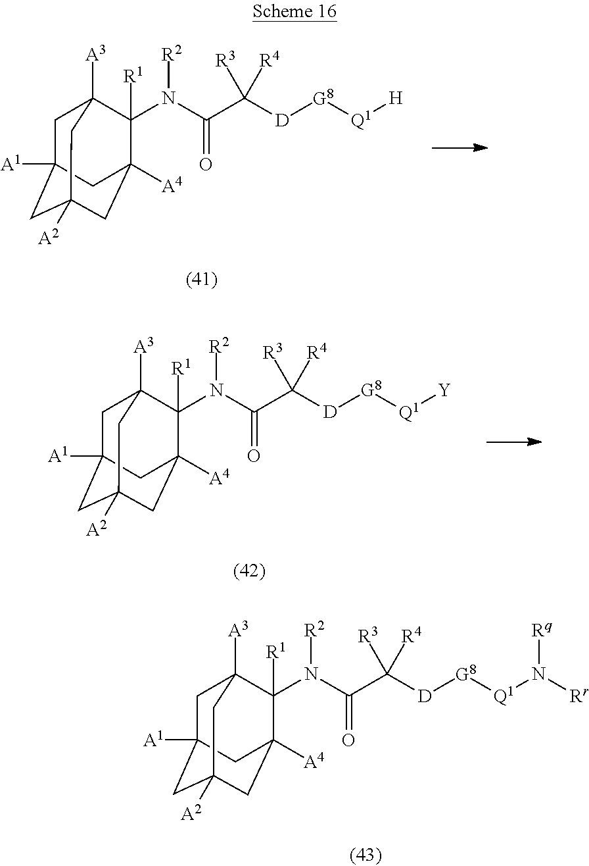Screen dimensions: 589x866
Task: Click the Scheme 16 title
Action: coord(294,14)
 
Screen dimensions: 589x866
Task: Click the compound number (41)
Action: coord(202,280)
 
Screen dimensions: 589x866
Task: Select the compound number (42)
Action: coord(249,571)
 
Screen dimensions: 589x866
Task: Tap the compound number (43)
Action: coord(365,854)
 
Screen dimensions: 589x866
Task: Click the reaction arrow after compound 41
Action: coord(459,148)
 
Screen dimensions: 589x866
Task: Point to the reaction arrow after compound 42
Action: coord(513,442)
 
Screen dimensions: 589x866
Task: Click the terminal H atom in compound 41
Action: coord(395,99)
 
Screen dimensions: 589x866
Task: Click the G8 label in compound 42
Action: coord(371,392)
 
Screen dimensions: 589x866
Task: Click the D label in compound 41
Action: coord(281,122)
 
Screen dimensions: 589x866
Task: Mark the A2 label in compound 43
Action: coord(191,813)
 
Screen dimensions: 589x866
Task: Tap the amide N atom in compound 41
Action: coord(170,99)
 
